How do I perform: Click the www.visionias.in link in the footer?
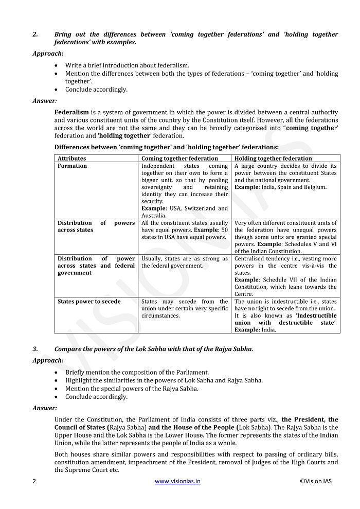click(x=177, y=481)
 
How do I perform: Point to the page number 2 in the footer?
click(x=34, y=481)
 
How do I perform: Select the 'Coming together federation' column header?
click(x=179, y=159)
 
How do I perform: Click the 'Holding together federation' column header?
click(x=273, y=159)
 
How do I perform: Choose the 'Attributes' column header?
click(x=72, y=159)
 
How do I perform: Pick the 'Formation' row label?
click(x=72, y=166)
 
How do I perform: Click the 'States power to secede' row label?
click(x=89, y=302)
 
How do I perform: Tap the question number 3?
click(x=35, y=349)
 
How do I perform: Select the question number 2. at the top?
click(x=35, y=34)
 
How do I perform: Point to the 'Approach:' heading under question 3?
click(x=48, y=361)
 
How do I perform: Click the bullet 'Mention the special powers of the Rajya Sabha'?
click(x=132, y=389)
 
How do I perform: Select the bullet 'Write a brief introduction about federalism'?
click(x=127, y=65)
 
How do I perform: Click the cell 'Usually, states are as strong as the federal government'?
click(x=185, y=262)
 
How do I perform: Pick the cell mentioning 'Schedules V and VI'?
click(x=285, y=237)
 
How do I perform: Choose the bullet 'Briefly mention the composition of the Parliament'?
click(x=137, y=372)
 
